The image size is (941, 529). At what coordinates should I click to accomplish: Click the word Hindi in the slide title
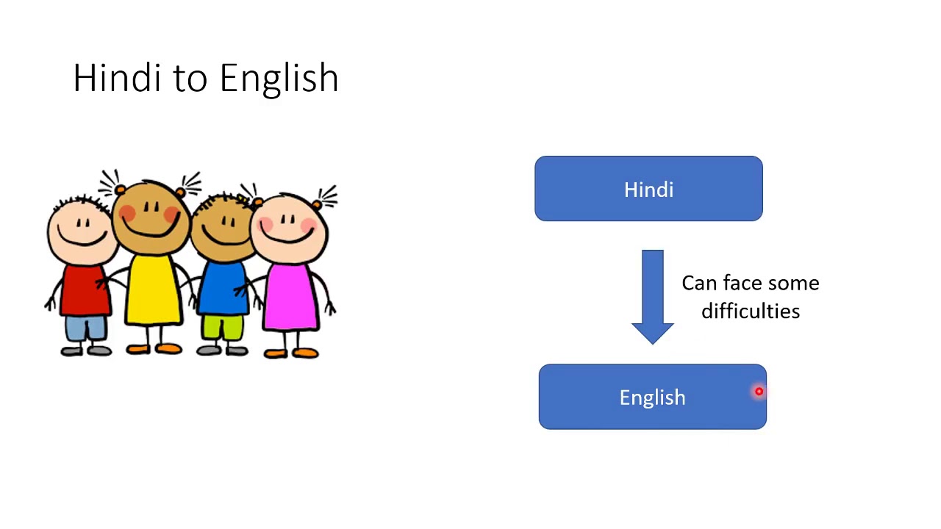pyautogui.click(x=117, y=78)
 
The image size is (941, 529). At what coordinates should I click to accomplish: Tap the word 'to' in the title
pyautogui.click(x=189, y=79)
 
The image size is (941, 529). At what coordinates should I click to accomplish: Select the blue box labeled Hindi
pyautogui.click(x=648, y=189)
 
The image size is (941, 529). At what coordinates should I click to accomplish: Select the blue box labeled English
pyautogui.click(x=652, y=397)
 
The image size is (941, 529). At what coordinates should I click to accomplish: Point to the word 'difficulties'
pyautogui.click(x=751, y=311)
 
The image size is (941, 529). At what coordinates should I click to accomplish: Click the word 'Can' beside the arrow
pyautogui.click(x=698, y=284)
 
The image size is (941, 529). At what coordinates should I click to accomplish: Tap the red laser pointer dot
pyautogui.click(x=759, y=392)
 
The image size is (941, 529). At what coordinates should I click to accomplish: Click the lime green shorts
pyautogui.click(x=222, y=327)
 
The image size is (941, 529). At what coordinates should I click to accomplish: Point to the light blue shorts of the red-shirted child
pyautogui.click(x=85, y=328)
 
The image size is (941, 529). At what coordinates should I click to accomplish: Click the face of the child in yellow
pyautogui.click(x=151, y=217)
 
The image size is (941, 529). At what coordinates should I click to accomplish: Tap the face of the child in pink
pyautogui.click(x=289, y=228)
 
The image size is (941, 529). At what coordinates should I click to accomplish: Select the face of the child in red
pyautogui.click(x=81, y=231)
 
